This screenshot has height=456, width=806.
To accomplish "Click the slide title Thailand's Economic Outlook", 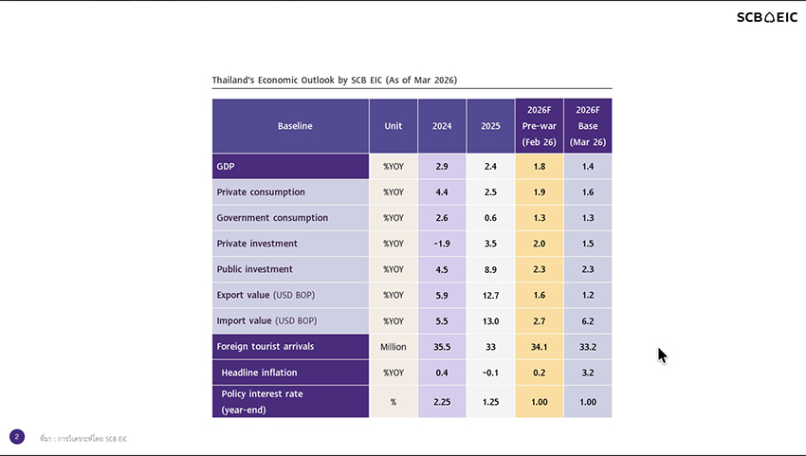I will [x=340, y=81].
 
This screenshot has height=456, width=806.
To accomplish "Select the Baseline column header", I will [x=294, y=125].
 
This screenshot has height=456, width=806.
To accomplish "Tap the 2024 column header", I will [x=442, y=125].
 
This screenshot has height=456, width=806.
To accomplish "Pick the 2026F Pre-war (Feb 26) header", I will [x=539, y=125].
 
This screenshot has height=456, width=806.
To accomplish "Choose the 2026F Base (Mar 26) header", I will [x=587, y=125].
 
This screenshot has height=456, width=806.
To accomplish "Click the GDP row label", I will [x=225, y=166].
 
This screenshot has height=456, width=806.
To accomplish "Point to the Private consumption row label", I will [x=261, y=192].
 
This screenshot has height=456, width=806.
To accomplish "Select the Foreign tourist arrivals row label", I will [x=266, y=346].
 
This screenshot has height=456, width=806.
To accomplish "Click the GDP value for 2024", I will [x=442, y=166].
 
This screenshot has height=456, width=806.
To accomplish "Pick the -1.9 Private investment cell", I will [x=442, y=244].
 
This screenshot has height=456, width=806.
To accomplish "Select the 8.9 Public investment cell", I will [x=490, y=269].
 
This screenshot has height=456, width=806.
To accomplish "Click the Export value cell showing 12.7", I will [x=490, y=295].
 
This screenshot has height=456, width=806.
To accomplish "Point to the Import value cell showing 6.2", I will [x=587, y=320].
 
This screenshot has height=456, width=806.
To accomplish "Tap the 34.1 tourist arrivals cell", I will [x=539, y=346].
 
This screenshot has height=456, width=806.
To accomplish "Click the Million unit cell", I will [x=393, y=346].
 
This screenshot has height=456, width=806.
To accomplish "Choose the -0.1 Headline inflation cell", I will [x=490, y=373].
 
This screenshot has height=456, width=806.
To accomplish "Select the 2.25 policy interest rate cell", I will [x=442, y=402].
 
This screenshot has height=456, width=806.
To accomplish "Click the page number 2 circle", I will [x=17, y=437].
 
